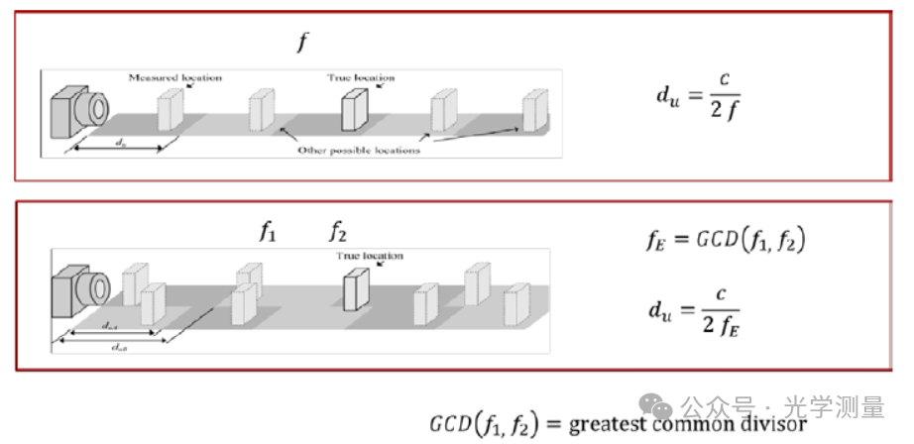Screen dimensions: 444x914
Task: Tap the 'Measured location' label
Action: point(175,76)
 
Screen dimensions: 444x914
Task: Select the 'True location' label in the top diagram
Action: point(361,76)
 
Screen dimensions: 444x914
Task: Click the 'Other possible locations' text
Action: point(360,150)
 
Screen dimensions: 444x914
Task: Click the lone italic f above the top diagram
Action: point(303,43)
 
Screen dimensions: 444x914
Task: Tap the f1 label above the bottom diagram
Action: point(268,232)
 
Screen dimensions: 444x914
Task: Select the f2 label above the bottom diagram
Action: point(338,232)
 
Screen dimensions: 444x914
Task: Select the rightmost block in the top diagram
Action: point(535,110)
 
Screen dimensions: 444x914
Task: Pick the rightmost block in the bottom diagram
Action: point(515,304)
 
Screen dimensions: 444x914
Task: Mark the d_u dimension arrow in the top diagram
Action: point(118,150)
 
